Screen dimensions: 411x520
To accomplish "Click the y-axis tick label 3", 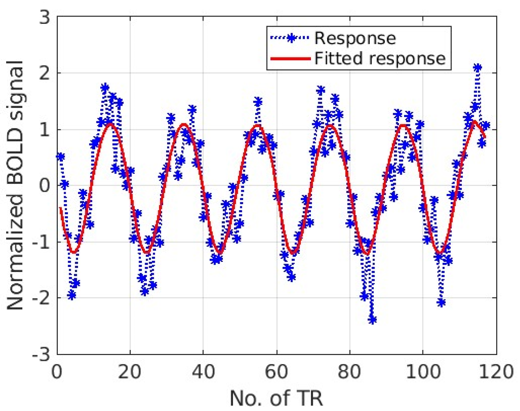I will pyautogui.click(x=45, y=17).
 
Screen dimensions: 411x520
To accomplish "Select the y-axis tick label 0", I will pyautogui.click(x=45, y=186).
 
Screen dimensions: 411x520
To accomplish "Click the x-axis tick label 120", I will pyautogui.click(x=496, y=372).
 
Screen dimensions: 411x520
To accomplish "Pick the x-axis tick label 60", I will pyautogui.click(x=276, y=372).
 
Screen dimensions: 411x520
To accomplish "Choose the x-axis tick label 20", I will pyautogui.click(x=130, y=372).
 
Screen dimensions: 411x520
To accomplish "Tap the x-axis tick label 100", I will pyautogui.click(x=422, y=372).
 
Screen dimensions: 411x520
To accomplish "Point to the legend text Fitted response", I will pyautogui.click(x=380, y=59).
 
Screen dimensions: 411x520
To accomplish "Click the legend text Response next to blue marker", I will pyautogui.click(x=355, y=38).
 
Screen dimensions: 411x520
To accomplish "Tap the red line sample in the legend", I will pyautogui.click(x=290, y=59).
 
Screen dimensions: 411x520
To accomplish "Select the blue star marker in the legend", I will pyautogui.click(x=291, y=38).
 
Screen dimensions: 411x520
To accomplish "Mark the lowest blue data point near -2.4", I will pyautogui.click(x=372, y=320).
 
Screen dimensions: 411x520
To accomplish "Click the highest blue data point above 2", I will pyautogui.click(x=477, y=68).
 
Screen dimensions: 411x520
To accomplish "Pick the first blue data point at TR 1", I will pyautogui.click(x=61, y=157).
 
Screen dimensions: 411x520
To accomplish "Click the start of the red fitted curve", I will pyautogui.click(x=61, y=208).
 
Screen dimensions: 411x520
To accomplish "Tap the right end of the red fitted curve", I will pyautogui.click(x=485, y=137).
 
